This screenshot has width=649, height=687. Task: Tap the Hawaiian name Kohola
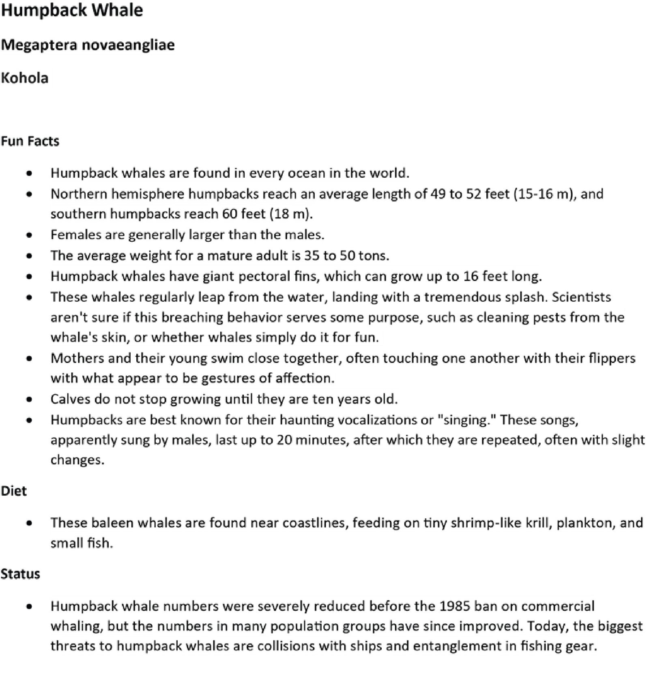pos(25,78)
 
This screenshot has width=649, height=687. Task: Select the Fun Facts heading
pos(30,141)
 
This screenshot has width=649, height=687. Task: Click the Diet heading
pos(14,491)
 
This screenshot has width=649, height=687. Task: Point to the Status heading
pos(20,574)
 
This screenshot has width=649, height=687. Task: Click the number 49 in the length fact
pos(438,194)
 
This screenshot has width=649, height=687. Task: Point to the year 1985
pos(455,606)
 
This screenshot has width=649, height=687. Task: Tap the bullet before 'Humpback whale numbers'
pos(29,607)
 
